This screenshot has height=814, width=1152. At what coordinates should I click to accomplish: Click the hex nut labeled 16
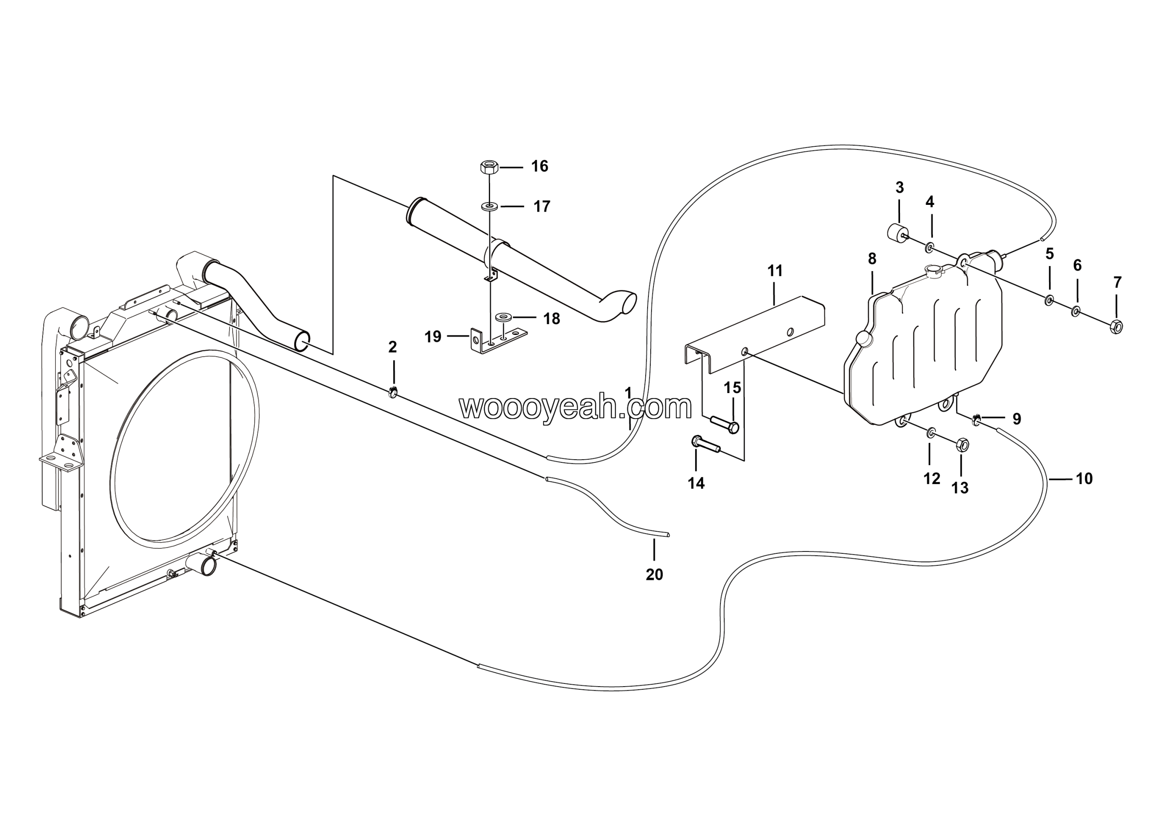point(489,167)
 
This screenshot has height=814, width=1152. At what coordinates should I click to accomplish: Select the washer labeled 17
point(489,206)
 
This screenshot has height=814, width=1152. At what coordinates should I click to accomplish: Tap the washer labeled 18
point(503,317)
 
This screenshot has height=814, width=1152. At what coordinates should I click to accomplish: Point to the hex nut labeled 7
point(1117,327)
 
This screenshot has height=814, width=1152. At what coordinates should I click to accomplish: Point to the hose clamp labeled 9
point(976,418)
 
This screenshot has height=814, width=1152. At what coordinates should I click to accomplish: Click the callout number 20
point(654,574)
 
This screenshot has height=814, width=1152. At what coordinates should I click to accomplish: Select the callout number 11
point(775,271)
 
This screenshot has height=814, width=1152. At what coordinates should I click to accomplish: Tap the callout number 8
point(872,259)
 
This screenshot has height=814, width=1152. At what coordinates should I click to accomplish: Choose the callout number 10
point(1084,479)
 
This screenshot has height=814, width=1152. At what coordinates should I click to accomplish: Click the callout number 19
point(433,337)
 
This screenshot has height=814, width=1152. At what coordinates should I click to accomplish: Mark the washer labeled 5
point(1048,301)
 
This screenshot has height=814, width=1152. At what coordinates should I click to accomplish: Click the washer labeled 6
point(1075,311)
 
